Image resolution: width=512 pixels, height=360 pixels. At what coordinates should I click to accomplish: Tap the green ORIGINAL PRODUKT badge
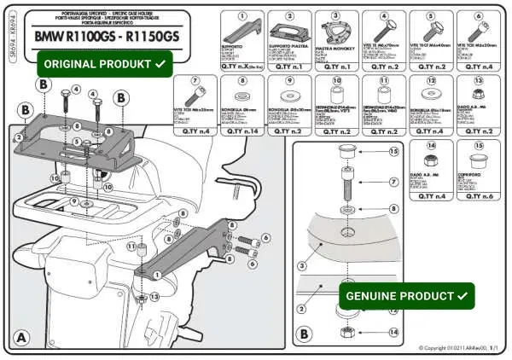point(105,64)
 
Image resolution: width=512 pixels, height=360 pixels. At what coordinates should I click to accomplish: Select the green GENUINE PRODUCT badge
point(406,295)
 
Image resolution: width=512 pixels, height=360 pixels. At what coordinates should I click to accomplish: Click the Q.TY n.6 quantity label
point(478,196)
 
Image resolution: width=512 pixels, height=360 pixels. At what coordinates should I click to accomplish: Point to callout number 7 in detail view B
point(393,182)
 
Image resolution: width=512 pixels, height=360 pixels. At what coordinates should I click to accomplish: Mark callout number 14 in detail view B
point(393,332)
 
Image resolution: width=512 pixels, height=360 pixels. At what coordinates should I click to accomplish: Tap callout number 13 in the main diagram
point(154,297)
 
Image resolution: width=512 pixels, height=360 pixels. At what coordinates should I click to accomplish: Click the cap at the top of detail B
point(347,154)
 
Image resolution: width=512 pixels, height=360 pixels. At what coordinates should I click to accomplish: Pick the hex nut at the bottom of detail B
point(347,332)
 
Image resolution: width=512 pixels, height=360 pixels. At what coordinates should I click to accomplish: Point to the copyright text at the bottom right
point(458,349)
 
